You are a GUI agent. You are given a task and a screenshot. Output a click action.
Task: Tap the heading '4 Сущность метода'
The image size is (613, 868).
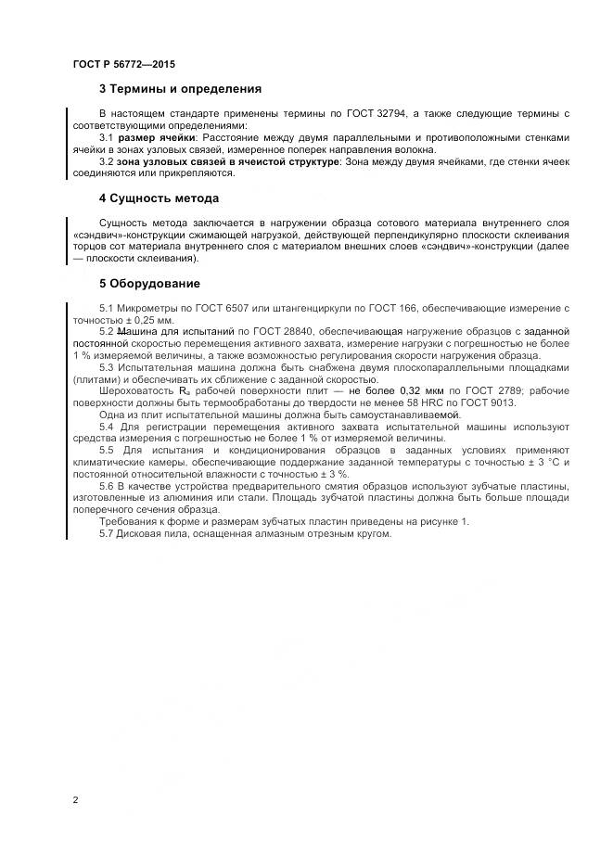tap(159, 198)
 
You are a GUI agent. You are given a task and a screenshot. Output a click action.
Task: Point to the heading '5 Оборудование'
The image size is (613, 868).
tap(149, 283)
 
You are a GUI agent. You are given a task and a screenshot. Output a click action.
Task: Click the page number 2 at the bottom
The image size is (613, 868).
tap(75, 798)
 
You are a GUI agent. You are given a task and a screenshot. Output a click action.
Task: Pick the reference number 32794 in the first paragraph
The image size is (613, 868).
tap(389, 113)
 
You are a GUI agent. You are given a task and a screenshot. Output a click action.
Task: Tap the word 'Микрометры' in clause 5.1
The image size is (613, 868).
tap(145, 307)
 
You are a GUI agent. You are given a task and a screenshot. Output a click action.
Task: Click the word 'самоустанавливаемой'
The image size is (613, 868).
tap(413, 415)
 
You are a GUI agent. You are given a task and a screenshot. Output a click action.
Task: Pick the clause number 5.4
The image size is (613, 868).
tap(107, 427)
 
